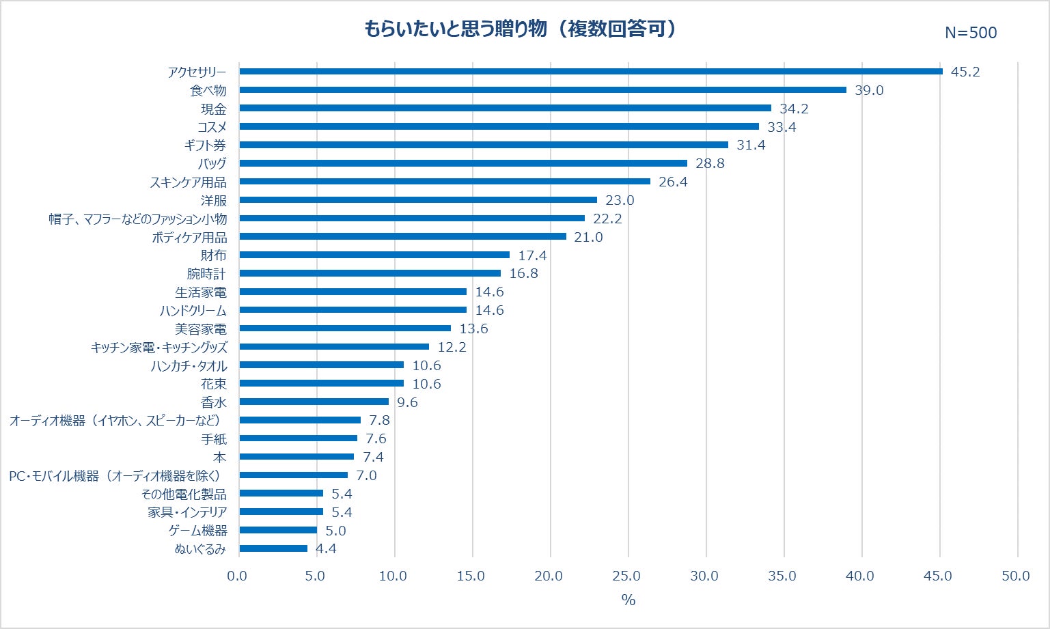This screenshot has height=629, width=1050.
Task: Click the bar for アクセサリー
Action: click(591, 71)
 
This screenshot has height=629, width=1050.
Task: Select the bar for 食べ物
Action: click(542, 89)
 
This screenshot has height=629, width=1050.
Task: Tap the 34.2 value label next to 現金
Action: click(794, 109)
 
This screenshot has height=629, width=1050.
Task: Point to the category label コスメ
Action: click(212, 127)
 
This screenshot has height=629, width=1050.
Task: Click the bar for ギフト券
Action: click(484, 145)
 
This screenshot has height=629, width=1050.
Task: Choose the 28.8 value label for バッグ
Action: click(710, 163)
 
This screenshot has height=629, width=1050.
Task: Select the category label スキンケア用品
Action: click(188, 182)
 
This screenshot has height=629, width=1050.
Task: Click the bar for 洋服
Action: click(418, 200)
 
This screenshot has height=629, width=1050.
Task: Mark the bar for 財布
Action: click(374, 255)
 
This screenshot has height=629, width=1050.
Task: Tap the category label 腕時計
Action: click(206, 274)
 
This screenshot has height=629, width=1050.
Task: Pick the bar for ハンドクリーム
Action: click(353, 310)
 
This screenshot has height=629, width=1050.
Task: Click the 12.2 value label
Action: click(452, 347)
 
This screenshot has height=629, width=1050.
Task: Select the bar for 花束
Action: click(321, 383)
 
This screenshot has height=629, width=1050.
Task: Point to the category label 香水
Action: click(213, 402)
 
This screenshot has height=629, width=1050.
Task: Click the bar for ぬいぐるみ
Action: click(273, 548)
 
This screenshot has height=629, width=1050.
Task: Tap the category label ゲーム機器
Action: click(197, 531)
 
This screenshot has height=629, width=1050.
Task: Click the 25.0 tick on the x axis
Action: click(626, 576)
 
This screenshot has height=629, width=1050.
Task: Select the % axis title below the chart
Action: click(628, 600)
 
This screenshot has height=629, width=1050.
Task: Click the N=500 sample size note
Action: click(970, 33)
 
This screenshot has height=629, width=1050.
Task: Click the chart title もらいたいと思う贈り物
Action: click(519, 29)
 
